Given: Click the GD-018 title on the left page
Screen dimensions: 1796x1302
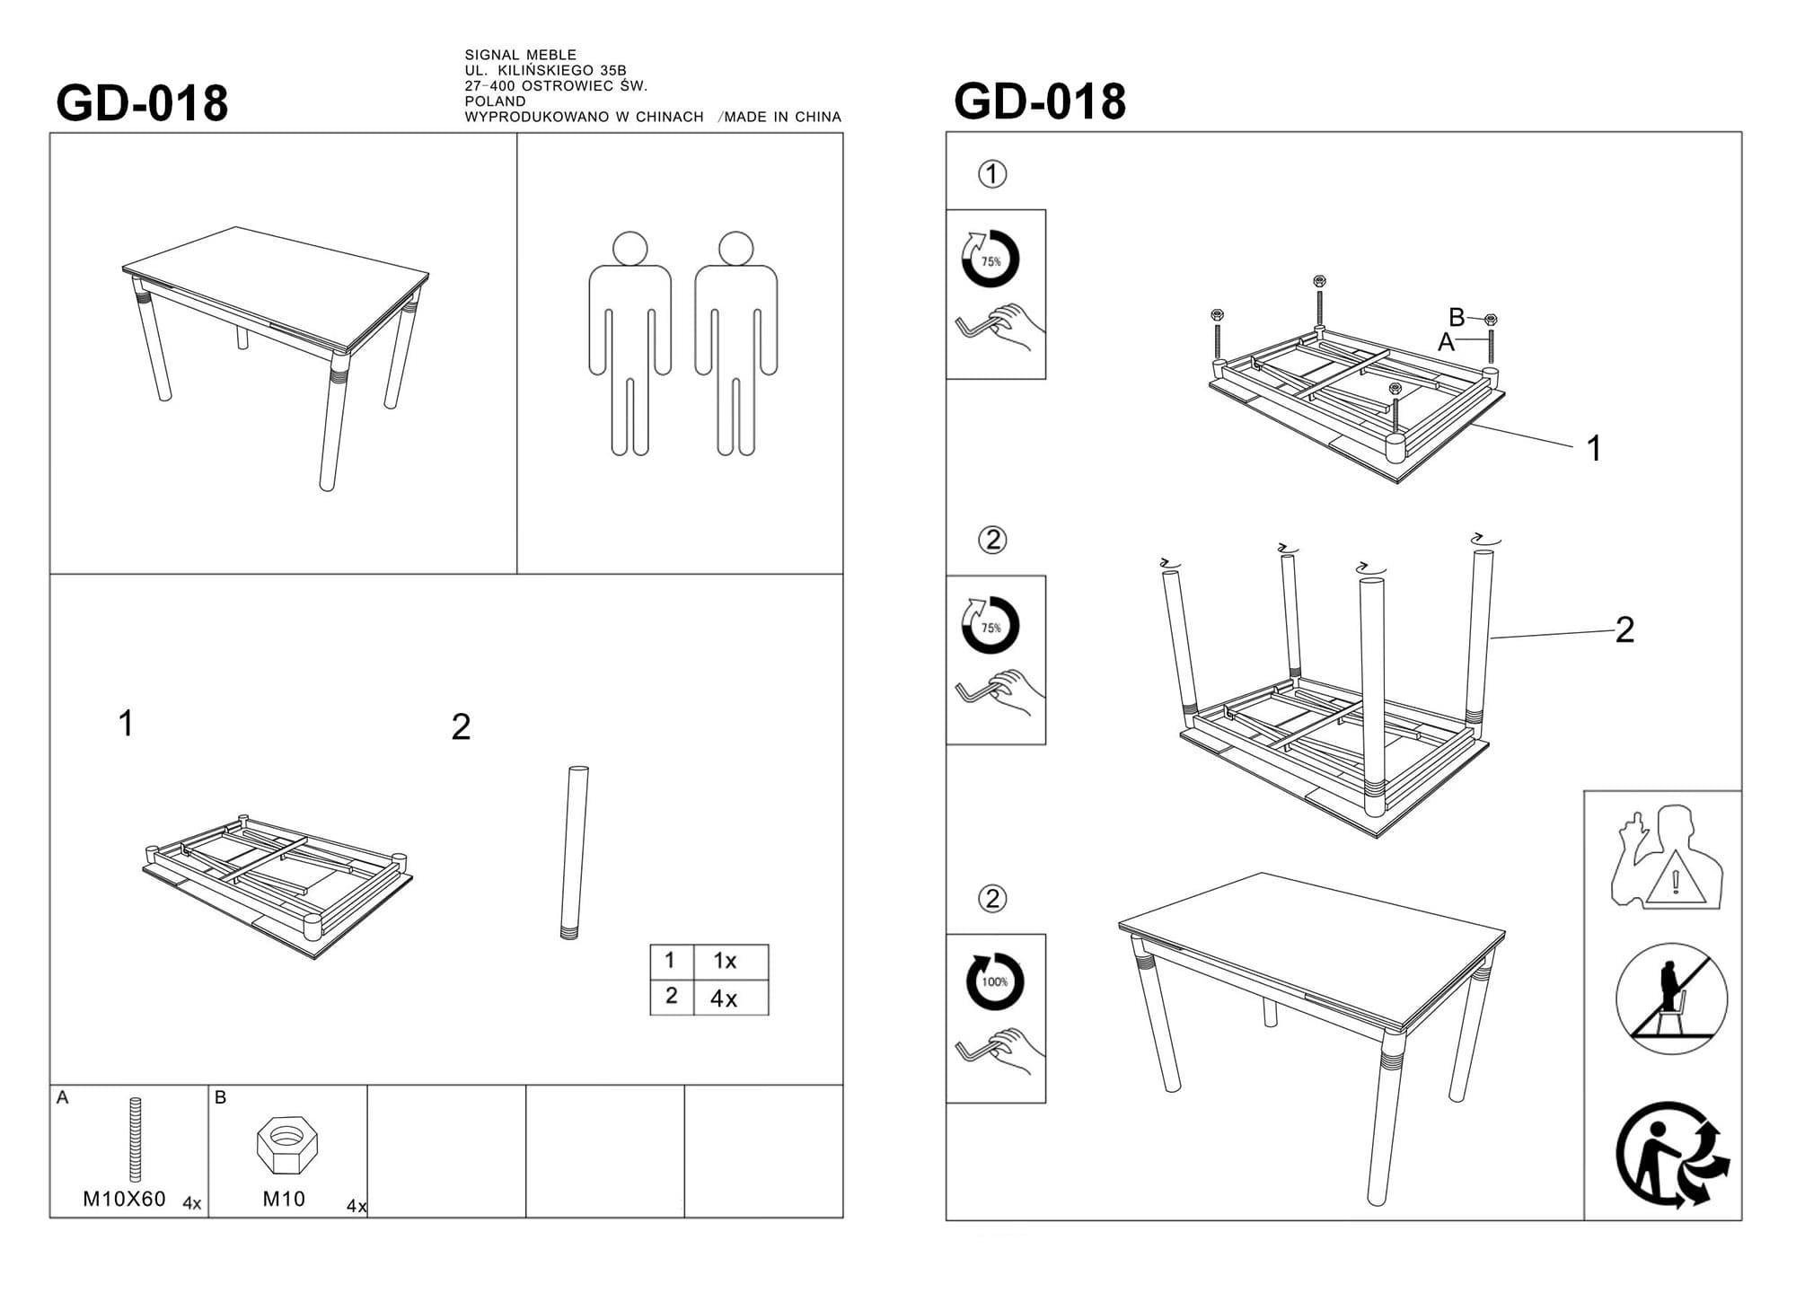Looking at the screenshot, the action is [x=142, y=103].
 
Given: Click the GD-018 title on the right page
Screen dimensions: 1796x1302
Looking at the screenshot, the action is [x=1040, y=101].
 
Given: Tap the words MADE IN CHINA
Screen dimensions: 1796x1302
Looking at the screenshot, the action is [x=783, y=117].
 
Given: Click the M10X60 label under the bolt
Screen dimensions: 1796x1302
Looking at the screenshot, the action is [x=124, y=1199].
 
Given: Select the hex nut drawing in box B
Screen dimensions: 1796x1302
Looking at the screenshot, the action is [x=287, y=1145].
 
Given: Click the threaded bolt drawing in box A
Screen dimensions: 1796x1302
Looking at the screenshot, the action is [x=136, y=1139].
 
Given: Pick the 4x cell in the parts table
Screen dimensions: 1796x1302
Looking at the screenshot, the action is [x=724, y=998].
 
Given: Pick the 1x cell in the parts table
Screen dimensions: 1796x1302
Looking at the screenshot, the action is [x=725, y=961].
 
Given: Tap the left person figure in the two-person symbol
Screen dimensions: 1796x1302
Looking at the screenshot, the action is [x=629, y=343].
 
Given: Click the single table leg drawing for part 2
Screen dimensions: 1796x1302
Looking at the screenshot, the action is [x=574, y=852].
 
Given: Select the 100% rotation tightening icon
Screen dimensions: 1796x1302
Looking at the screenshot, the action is [x=994, y=981].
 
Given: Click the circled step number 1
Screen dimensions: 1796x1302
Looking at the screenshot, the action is [x=992, y=174].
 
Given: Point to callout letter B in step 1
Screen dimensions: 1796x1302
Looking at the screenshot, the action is [x=1457, y=317].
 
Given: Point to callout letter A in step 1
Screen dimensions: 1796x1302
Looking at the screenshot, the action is [x=1446, y=342].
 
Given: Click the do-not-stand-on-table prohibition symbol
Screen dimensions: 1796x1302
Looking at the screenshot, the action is [x=1671, y=998].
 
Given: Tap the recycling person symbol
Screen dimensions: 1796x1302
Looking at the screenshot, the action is [x=1672, y=1155].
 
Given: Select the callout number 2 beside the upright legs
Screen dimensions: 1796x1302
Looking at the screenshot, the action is [x=1624, y=630].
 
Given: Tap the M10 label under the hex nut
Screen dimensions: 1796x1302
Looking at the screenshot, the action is [x=284, y=1199].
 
